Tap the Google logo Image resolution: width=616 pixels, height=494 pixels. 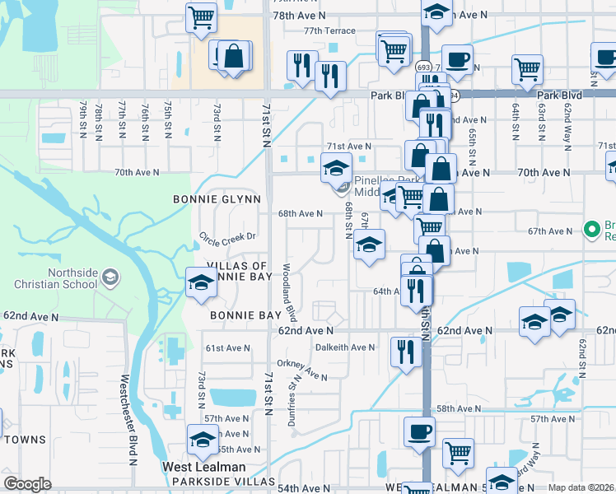pos(27,484)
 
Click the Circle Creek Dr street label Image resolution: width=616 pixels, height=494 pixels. pos(228,237)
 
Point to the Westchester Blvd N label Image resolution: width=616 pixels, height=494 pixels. pos(128,420)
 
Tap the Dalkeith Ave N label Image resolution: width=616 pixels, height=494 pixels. pos(345,347)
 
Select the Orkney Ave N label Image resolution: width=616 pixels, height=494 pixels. pos(302,370)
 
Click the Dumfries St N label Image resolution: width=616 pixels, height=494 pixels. pos(292,402)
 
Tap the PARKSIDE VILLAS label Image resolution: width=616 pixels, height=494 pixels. pos(231,481)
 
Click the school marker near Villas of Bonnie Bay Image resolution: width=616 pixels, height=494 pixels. pos(200,282)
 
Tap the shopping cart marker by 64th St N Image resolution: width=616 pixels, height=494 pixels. pos(527,69)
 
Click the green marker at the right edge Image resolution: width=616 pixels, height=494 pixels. pos(590,228)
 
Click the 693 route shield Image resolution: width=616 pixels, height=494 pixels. pos(424,68)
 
